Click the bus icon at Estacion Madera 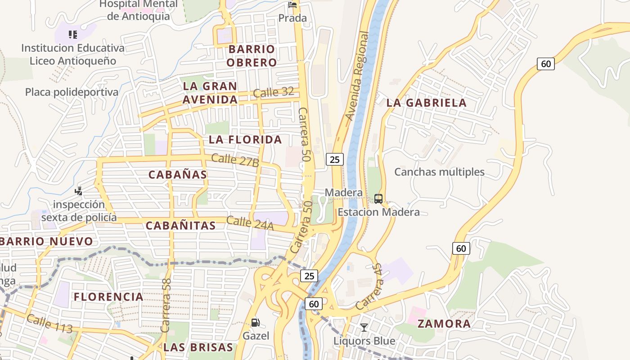click(x=378, y=198)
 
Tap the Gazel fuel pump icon click(x=255, y=322)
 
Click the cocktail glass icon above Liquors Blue click(x=364, y=327)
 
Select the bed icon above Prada click(x=292, y=5)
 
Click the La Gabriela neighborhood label click(x=426, y=103)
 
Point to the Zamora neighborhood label click(x=444, y=324)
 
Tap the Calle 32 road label click(x=274, y=93)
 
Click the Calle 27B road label click(x=235, y=161)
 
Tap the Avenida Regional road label click(x=357, y=76)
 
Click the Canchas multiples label click(x=439, y=172)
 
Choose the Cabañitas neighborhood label click(x=180, y=225)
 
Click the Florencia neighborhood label click(x=108, y=297)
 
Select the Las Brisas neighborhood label click(x=198, y=347)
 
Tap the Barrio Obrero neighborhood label click(x=251, y=55)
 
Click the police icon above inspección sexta click(x=79, y=191)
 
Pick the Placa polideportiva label click(x=72, y=92)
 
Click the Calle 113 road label click(x=49, y=324)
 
